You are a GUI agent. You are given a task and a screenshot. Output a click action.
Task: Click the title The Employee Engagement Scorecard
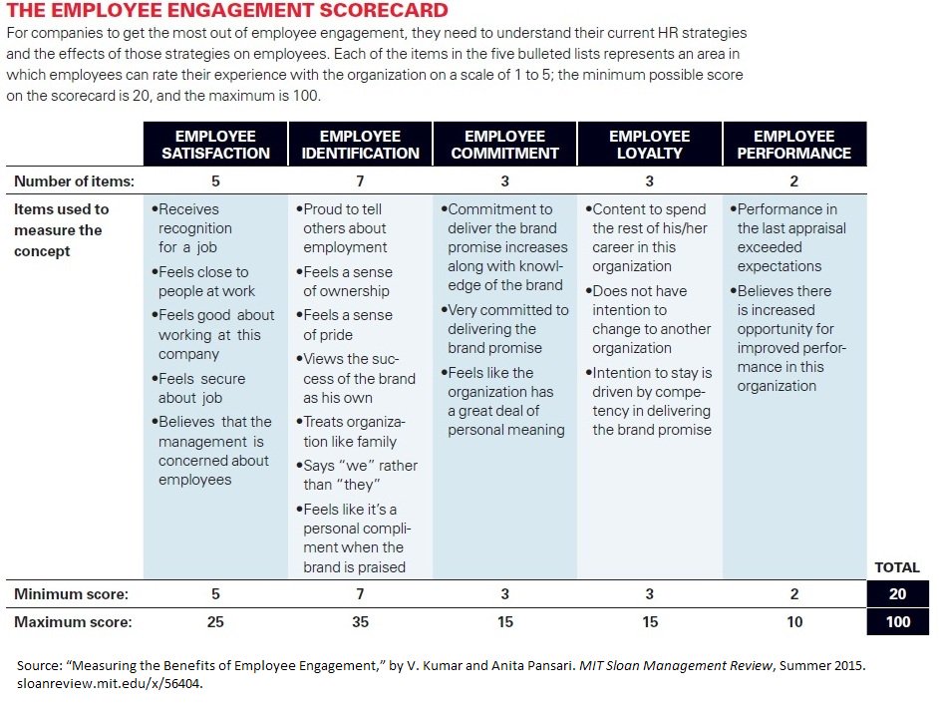[226, 12]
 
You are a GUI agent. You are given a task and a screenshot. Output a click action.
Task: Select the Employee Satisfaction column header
[215, 145]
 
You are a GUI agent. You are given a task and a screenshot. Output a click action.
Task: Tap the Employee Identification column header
[360, 145]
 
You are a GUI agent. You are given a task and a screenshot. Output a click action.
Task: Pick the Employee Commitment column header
[504, 145]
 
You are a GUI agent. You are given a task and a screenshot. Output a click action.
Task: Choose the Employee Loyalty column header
[649, 145]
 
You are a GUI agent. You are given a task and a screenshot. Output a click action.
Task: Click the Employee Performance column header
[793, 145]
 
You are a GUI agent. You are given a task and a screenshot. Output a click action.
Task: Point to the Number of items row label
[74, 181]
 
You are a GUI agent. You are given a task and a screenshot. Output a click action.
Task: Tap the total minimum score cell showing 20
[897, 594]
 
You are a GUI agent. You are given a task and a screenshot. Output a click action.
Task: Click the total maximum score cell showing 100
[897, 622]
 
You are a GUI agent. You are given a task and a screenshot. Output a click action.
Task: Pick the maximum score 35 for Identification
[360, 622]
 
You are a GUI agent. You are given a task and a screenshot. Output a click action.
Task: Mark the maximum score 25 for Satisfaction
[215, 622]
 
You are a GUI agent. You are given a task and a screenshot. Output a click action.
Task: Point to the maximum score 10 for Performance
[793, 622]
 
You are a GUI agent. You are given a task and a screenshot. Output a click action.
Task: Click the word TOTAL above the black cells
[896, 567]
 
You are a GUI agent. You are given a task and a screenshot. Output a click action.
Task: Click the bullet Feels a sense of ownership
[348, 281]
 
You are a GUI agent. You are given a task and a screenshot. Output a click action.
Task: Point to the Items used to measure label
[62, 230]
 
